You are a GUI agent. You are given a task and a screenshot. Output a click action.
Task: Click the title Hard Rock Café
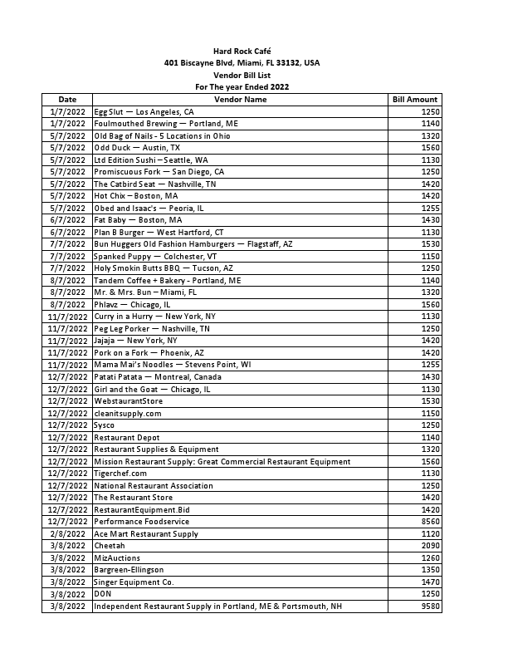tap(242, 52)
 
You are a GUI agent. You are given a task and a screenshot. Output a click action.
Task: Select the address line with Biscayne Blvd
tap(242, 63)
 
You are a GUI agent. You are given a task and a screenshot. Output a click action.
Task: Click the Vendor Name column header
tap(241, 100)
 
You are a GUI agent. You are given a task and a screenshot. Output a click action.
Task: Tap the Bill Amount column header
tap(414, 100)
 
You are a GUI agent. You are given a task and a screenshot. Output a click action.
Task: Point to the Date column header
tap(67, 100)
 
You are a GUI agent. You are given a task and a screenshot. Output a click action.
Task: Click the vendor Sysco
tap(104, 425)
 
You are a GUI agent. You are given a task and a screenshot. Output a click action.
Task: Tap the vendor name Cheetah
tap(109, 546)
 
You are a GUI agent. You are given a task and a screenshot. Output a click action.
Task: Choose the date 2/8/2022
tap(67, 534)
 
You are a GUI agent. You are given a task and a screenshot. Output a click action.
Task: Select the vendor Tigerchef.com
tap(120, 474)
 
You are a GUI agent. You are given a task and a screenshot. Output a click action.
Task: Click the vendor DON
tap(102, 595)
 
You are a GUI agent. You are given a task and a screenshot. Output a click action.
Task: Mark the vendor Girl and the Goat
tap(152, 389)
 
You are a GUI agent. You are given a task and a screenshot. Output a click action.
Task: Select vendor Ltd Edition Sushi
tap(150, 160)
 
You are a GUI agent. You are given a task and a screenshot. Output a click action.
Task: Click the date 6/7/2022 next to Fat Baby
tap(67, 220)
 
